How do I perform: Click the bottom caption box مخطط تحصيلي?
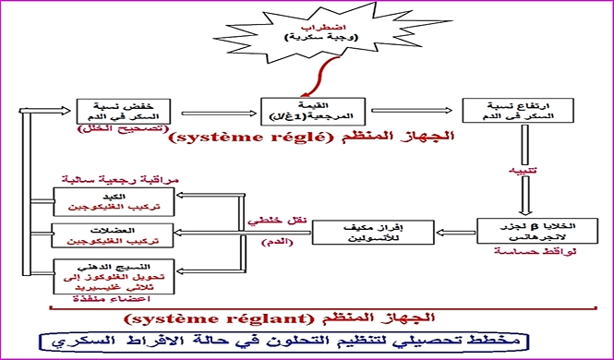pyautogui.click(x=307, y=342)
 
